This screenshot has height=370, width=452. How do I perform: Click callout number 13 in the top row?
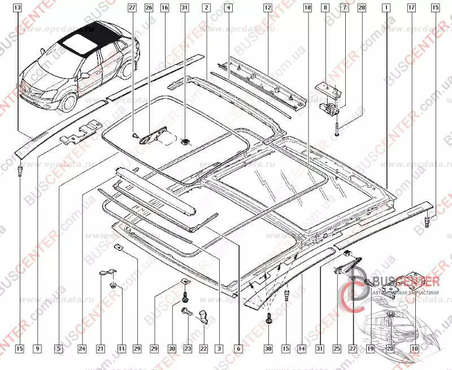(x=19, y=8)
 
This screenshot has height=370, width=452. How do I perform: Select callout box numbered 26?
(x=149, y=8)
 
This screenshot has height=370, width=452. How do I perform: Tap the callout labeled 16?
(x=164, y=8)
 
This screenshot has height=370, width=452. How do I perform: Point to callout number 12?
(x=267, y=8)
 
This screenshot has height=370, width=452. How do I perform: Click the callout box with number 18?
(x=307, y=8)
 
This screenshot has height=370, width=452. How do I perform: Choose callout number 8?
(x=325, y=8)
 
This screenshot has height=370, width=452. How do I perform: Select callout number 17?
(x=411, y=8)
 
